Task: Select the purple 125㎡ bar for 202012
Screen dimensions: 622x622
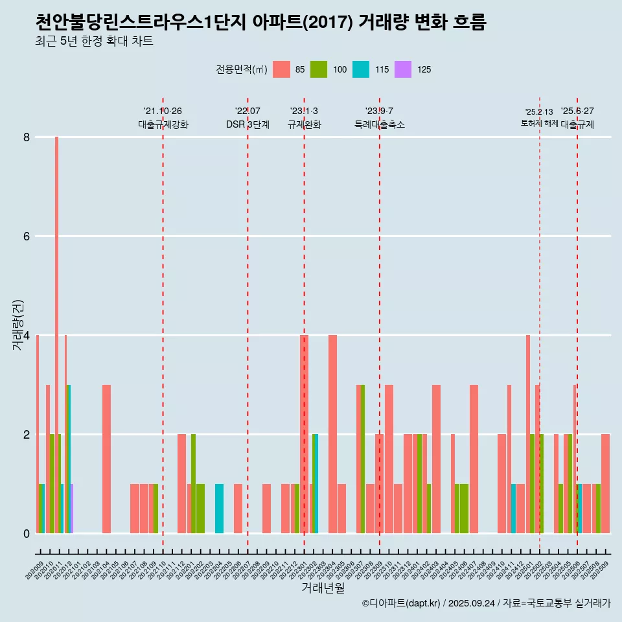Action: [71, 509]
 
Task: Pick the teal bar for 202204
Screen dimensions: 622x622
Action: [219, 509]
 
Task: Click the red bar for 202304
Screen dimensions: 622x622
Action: [332, 434]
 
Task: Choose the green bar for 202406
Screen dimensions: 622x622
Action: [464, 509]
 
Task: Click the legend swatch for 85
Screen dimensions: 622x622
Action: [281, 69]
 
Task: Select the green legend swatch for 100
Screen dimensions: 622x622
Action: [319, 69]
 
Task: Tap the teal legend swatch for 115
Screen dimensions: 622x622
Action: [361, 69]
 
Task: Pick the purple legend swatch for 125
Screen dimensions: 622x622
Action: [403, 69]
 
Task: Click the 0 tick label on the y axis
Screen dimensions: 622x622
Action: [27, 533]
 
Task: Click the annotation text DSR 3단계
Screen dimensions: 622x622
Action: [248, 124]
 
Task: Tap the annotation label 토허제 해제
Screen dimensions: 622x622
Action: [539, 123]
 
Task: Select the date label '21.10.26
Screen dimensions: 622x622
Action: [163, 111]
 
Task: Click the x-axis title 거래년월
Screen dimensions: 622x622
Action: [323, 588]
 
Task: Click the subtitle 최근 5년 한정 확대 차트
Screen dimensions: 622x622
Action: [95, 41]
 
